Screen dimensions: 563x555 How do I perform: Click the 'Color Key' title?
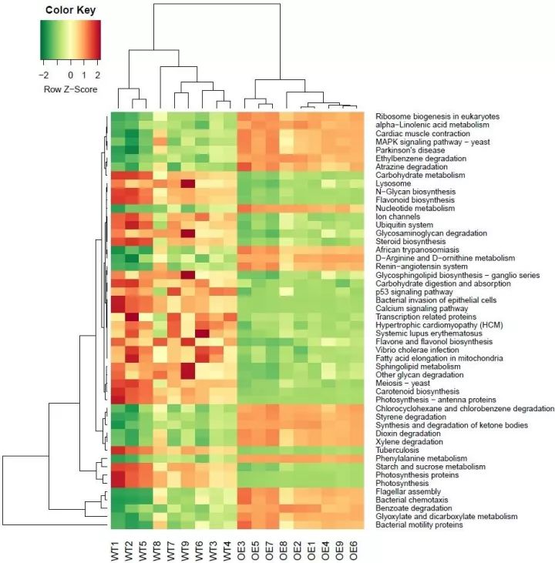[70, 11]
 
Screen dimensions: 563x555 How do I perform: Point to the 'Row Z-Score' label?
[70, 89]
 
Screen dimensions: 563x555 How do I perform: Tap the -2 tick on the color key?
[44, 75]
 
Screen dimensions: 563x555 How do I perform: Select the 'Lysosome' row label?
[392, 183]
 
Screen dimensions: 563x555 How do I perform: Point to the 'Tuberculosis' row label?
[397, 450]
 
